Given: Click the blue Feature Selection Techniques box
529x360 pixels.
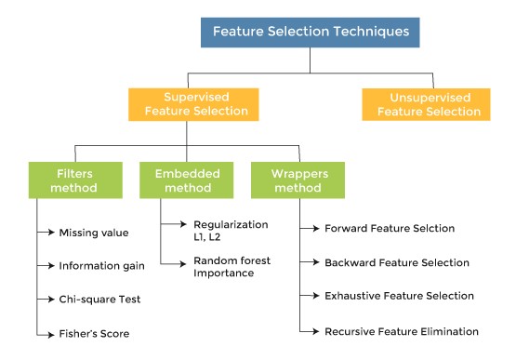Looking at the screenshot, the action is (310, 33).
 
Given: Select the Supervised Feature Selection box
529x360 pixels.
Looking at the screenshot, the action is (193, 104).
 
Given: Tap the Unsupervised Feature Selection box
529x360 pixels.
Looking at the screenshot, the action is (426, 104).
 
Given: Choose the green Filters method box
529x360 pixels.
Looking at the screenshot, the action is (75, 180).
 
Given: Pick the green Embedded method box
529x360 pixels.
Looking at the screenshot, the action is (187, 180).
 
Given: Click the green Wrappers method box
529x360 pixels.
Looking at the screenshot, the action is (298, 180).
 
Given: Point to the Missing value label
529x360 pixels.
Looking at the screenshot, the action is (94, 233).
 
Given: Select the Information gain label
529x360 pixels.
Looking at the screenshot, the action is (102, 266).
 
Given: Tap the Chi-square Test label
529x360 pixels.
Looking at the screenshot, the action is (99, 300).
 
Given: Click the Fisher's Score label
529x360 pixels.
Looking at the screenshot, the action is (94, 334).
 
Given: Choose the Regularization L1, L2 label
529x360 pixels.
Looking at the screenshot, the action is (231, 231).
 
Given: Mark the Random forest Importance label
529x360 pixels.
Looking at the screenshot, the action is (232, 267).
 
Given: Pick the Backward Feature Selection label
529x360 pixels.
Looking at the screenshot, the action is (397, 262).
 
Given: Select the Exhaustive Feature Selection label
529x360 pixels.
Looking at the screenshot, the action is (399, 296).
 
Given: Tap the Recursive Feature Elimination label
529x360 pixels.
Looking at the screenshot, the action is (402, 332).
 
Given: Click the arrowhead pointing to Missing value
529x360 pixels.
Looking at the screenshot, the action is (51, 232).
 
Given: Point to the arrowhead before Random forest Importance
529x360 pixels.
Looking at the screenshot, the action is (183, 263).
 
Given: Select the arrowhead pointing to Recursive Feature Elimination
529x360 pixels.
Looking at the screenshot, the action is (316, 331).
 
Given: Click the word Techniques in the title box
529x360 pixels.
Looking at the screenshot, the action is (371, 32).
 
